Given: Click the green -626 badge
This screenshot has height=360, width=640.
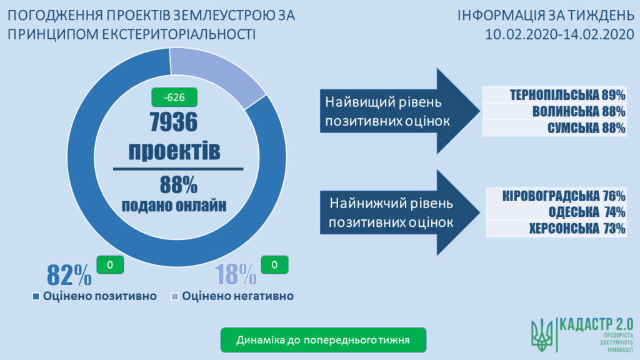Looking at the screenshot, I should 174,97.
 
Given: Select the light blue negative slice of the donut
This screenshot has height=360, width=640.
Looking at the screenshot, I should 219,73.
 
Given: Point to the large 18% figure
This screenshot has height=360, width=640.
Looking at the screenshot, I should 235,274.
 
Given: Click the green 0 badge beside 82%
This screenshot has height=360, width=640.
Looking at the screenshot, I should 110,265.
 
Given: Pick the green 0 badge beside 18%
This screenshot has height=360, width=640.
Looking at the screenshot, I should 275,265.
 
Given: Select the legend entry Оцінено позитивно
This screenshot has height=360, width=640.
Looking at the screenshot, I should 94,296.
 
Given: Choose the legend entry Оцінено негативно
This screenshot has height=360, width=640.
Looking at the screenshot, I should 232,296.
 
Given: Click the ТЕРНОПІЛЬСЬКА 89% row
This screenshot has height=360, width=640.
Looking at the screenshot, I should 555,96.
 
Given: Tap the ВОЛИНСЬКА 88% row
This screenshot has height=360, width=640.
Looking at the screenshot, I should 555,112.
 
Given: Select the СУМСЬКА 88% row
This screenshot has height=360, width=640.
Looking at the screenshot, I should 555,128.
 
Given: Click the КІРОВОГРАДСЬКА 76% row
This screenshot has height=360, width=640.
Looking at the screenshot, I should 555,196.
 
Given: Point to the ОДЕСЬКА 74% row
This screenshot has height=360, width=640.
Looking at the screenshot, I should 555,212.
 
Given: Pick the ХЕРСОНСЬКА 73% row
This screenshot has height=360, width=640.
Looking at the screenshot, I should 555,229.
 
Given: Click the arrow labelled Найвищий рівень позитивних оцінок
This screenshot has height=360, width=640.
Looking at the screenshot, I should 394,110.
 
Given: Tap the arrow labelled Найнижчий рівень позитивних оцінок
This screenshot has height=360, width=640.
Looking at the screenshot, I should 394,212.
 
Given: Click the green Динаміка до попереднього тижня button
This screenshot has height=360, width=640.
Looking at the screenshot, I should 323,341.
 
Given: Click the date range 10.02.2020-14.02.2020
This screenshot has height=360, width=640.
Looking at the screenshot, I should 556,32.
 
